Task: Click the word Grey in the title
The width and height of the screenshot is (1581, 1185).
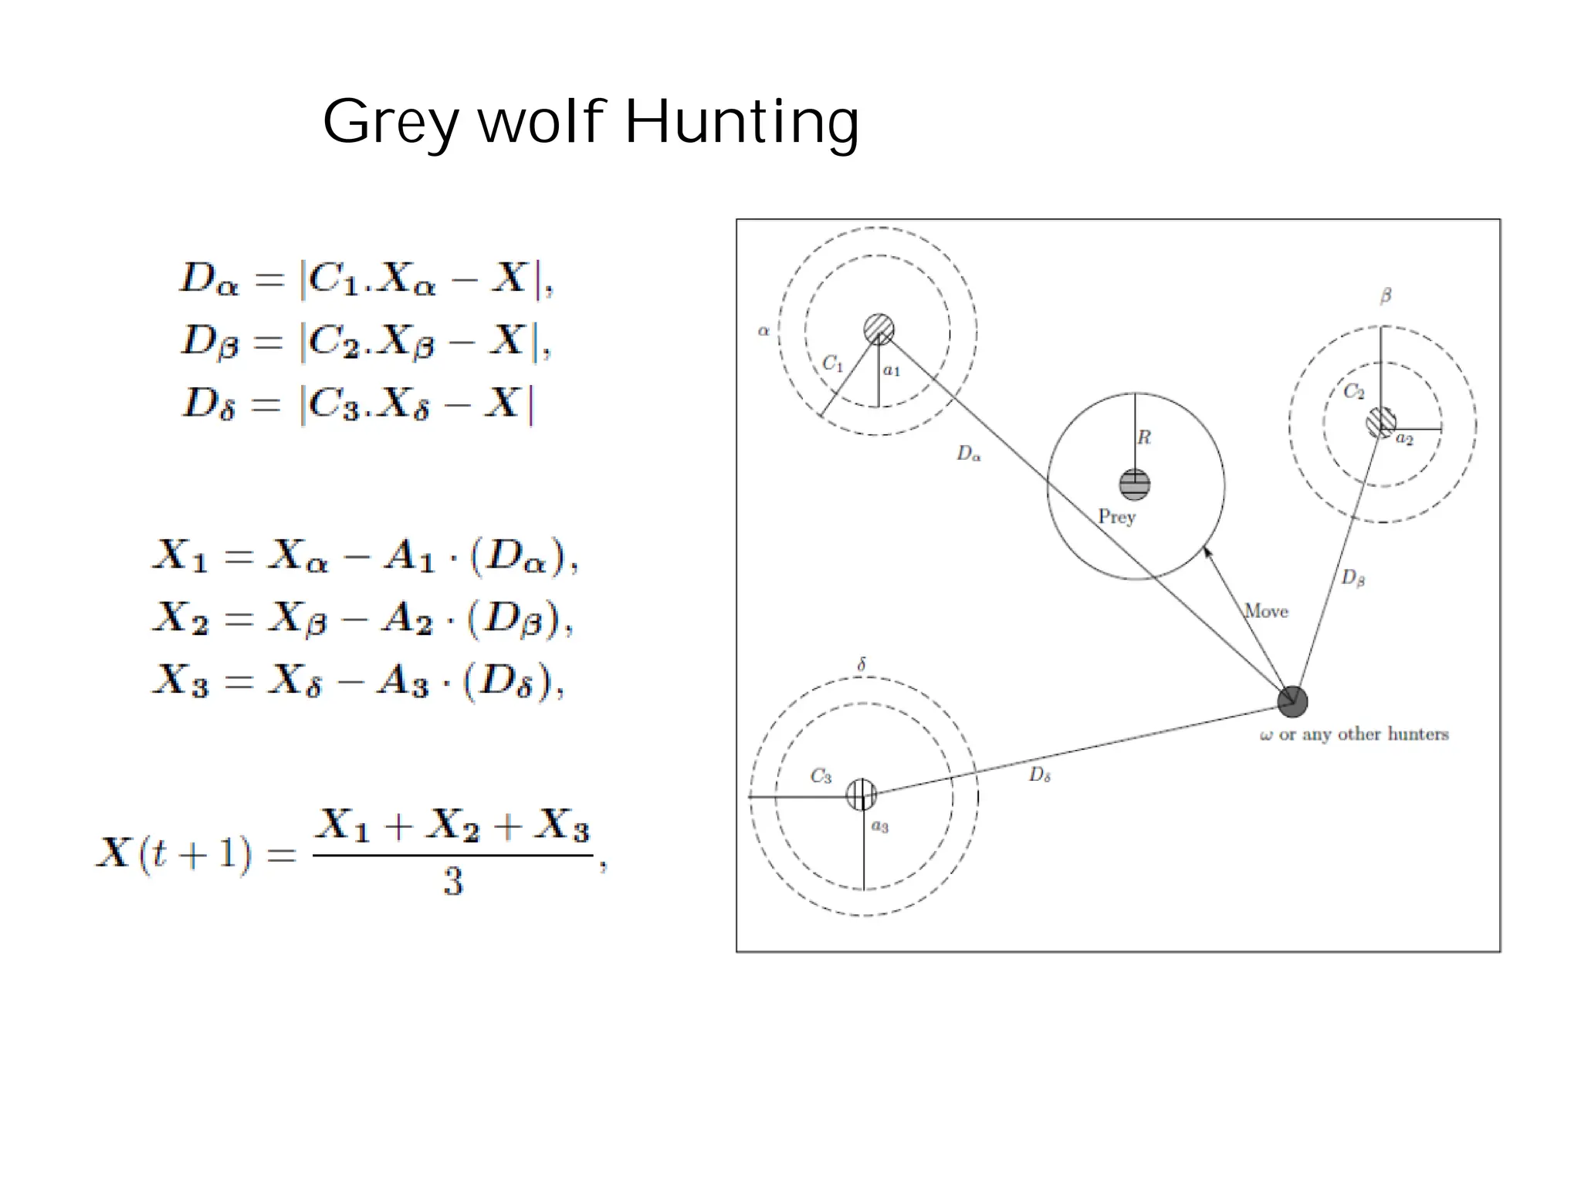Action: (x=391, y=122)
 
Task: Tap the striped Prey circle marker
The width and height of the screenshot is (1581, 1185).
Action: (x=1135, y=484)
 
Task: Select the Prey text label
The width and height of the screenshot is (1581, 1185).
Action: (x=1116, y=516)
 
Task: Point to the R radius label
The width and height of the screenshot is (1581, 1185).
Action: (x=1144, y=437)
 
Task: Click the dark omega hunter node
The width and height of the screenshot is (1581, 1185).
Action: (x=1292, y=701)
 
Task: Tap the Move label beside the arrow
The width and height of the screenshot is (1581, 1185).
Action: (x=1267, y=611)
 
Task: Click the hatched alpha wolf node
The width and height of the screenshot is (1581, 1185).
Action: (x=879, y=329)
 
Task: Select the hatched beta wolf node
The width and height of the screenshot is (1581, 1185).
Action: (x=1380, y=422)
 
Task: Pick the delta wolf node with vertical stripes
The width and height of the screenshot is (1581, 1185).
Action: (x=862, y=794)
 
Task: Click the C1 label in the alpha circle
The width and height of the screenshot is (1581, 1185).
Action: (x=832, y=363)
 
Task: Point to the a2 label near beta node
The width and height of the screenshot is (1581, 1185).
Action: (x=1404, y=439)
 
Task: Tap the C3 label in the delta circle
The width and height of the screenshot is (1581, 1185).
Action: (x=821, y=775)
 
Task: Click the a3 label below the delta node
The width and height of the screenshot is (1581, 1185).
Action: (x=880, y=826)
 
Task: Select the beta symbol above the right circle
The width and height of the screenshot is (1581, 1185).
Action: (x=1386, y=295)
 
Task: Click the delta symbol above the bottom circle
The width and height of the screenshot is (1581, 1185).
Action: (x=862, y=664)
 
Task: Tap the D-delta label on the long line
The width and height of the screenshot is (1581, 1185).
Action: (x=1039, y=775)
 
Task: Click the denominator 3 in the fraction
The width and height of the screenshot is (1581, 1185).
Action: (x=453, y=881)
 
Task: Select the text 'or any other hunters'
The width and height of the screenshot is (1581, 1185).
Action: (x=1363, y=734)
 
